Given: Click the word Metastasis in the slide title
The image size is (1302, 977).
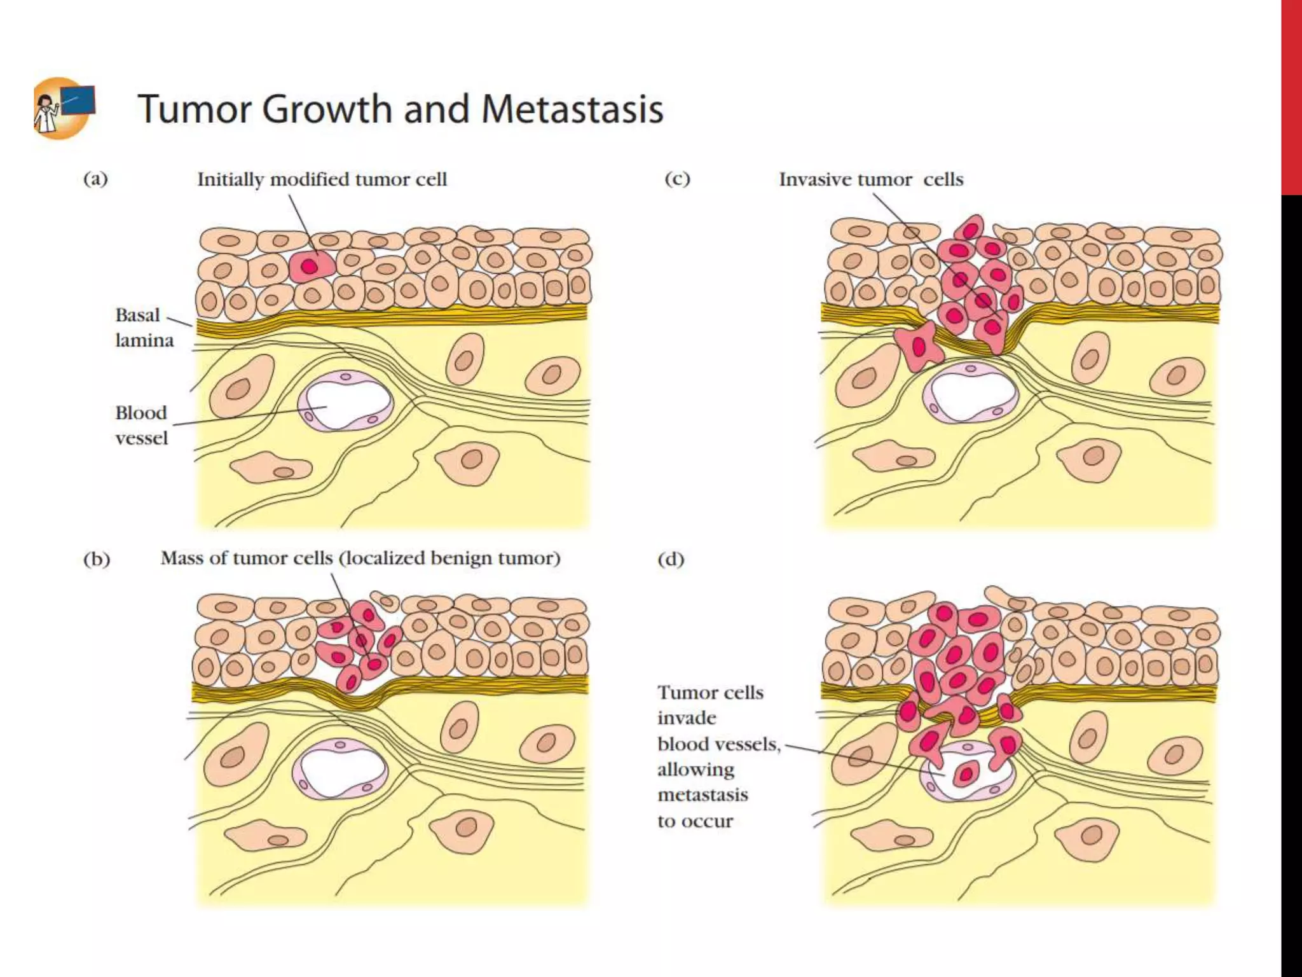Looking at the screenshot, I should click(572, 109).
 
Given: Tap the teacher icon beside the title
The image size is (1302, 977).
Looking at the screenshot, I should click(64, 108).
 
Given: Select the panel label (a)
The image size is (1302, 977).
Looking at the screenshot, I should click(95, 179).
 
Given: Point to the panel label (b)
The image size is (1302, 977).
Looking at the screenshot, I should click(97, 559).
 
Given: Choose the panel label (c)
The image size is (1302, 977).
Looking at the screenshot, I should click(677, 179).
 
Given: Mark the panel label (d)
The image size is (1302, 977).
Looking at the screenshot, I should click(671, 559).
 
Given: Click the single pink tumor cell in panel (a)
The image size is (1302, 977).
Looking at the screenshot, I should click(310, 266).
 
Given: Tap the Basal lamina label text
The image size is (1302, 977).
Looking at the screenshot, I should click(144, 328).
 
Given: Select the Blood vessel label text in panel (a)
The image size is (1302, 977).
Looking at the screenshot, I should click(141, 425).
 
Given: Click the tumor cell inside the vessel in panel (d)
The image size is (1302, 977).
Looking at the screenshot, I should click(965, 773).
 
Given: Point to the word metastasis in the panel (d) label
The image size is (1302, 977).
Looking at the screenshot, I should click(702, 795).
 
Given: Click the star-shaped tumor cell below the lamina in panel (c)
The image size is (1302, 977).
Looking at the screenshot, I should click(918, 347).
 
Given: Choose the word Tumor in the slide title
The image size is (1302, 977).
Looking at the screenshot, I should click(195, 109).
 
